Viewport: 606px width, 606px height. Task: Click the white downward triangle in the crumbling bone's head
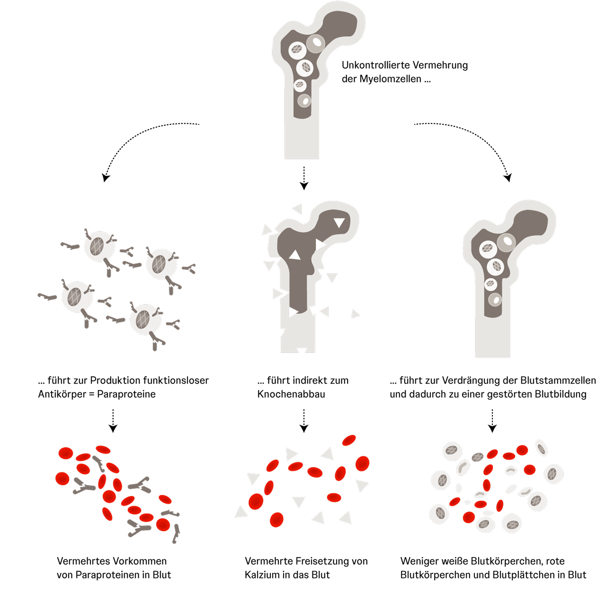pyautogui.click(x=339, y=222)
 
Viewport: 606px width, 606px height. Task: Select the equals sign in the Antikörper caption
pyautogui.click(x=92, y=394)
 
